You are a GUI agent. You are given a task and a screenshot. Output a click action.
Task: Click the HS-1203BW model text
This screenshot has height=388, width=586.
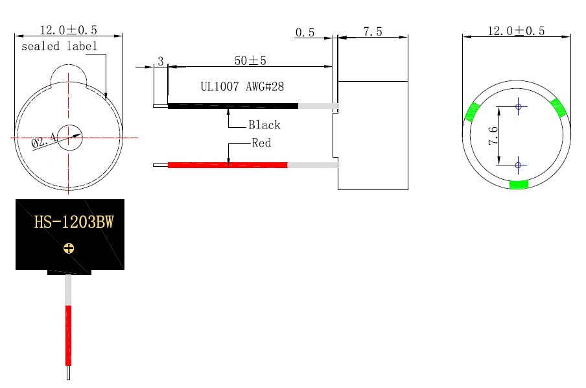[74, 222]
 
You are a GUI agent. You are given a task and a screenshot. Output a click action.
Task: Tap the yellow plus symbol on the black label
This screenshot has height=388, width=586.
[69, 248]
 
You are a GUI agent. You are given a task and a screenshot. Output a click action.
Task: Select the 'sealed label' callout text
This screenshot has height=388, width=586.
[59, 47]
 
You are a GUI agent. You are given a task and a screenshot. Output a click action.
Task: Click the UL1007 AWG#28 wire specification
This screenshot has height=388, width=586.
[242, 87]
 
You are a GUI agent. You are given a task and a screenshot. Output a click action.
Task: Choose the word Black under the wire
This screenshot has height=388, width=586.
[264, 125]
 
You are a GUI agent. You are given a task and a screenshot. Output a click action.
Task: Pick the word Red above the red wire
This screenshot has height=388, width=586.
[261, 143]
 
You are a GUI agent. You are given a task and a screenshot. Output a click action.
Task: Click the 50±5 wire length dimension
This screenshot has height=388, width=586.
[250, 60]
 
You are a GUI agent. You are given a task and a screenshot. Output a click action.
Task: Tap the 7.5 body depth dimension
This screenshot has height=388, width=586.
[373, 32]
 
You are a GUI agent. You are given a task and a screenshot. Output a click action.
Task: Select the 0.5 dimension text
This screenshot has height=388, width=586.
[305, 32]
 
